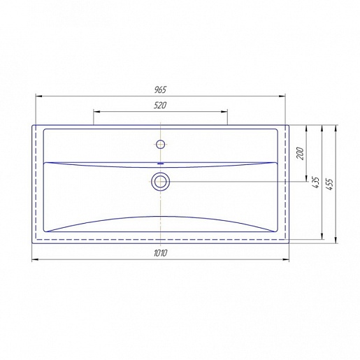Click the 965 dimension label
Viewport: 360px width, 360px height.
point(161,90)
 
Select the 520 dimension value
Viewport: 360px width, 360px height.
point(160,106)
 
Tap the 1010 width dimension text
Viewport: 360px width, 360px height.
point(161,253)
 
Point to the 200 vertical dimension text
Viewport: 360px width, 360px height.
point(301,154)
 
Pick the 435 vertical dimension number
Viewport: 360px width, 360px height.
point(316,182)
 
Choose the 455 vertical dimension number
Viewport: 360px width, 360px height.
point(330,185)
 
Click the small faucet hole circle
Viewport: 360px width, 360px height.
point(161,144)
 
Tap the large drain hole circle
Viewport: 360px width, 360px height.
point(161,182)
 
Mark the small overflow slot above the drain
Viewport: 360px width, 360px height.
point(161,164)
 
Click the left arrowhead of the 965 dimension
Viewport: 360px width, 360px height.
point(38,96)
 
